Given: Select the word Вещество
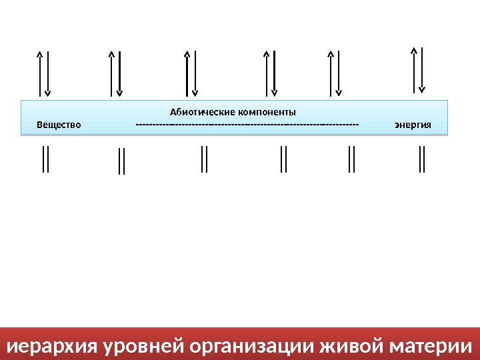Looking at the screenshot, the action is click(x=59, y=125).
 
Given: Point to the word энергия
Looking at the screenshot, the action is click(x=413, y=125).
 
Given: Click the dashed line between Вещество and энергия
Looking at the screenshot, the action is click(x=247, y=125).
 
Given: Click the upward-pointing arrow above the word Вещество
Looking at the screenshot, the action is click(x=40, y=73).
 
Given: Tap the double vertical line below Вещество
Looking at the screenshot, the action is click(x=45, y=159).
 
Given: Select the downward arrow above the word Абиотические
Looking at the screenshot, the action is click(x=195, y=73).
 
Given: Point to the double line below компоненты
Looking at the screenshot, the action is click(x=283, y=159).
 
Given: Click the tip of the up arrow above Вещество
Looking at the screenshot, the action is click(x=40, y=53).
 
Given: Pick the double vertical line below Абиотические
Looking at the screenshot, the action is click(x=204, y=159).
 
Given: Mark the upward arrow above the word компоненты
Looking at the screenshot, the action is click(x=267, y=73).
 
